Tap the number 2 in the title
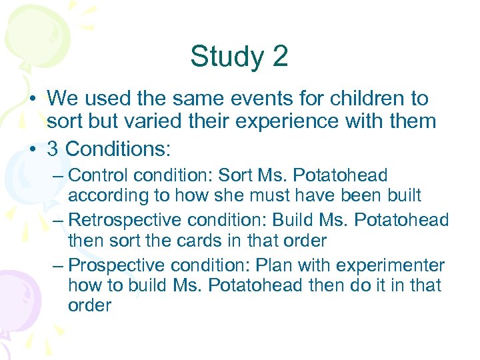[280, 57]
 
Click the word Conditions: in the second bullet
[118, 148]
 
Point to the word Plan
[274, 265]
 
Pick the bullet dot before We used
[33, 100]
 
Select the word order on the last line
[89, 306]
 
